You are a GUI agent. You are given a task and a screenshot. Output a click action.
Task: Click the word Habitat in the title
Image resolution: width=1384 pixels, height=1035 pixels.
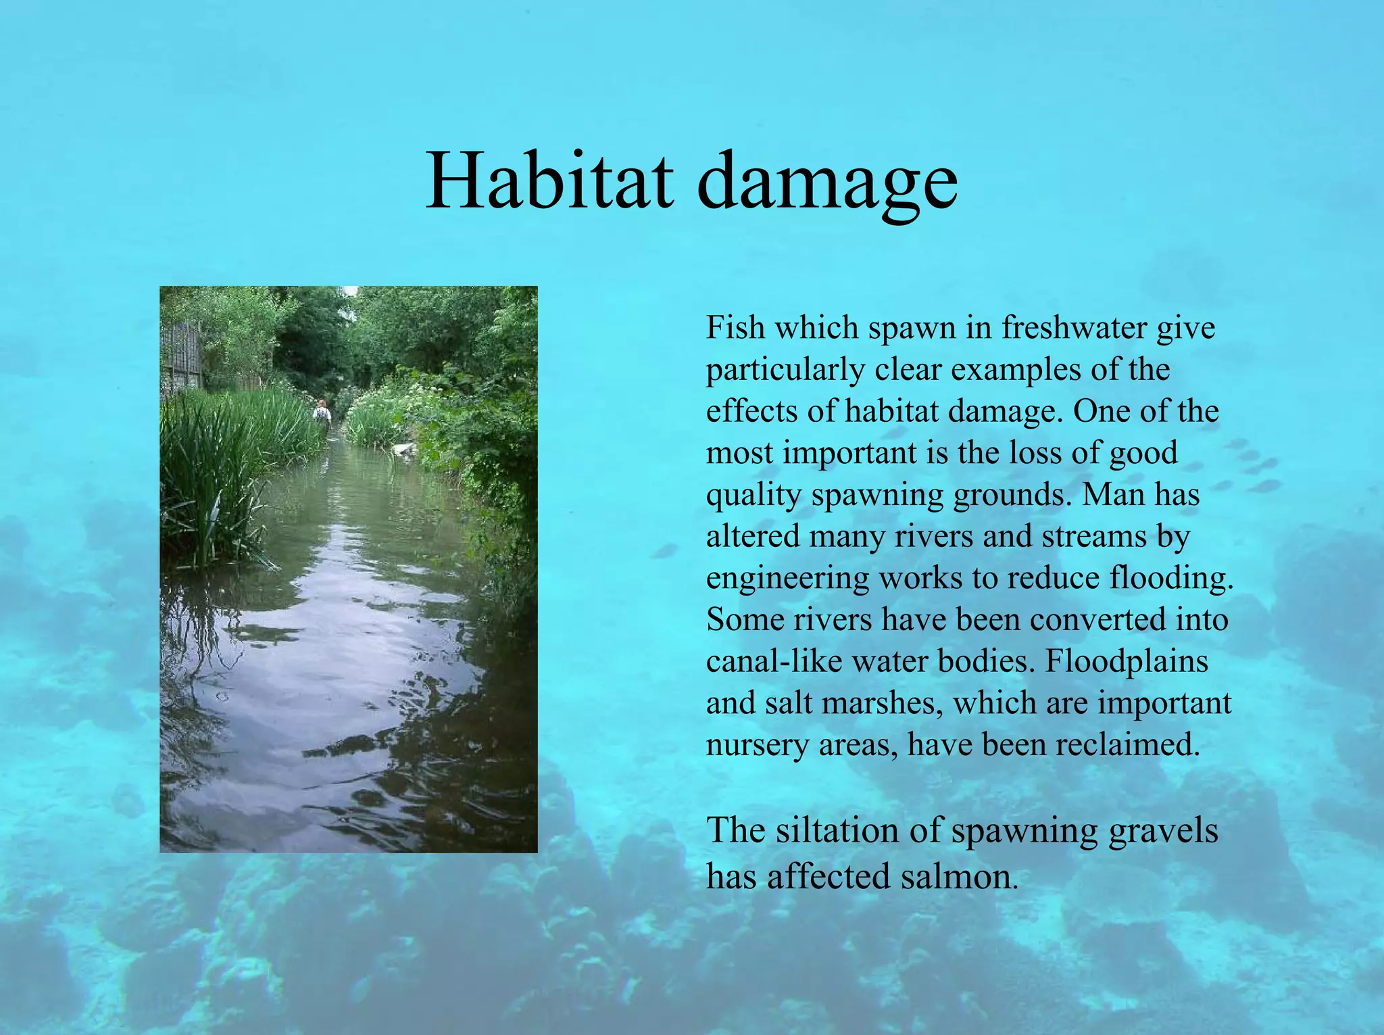549,181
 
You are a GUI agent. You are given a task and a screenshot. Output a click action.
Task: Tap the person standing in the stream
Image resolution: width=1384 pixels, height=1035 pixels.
322,410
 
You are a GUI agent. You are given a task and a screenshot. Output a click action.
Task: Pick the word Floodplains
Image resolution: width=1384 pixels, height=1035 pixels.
1127,661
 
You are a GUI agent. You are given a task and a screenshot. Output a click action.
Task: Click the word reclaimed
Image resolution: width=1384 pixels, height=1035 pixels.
1127,744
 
